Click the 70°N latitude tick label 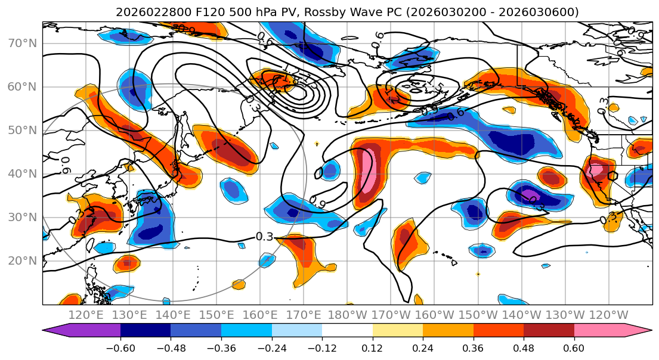(22, 44)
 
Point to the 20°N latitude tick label (22, 261)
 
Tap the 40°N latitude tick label (22, 174)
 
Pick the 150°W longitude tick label (477, 315)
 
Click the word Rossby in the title (325, 12)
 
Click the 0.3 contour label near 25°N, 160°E (264, 237)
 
